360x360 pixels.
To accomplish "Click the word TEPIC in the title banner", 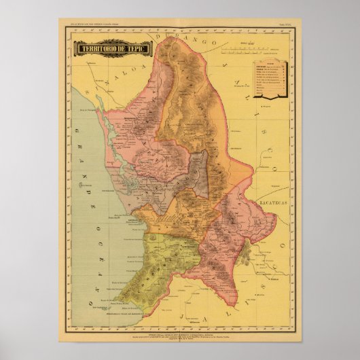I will (137, 50).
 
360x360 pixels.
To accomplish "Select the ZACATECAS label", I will (276, 202).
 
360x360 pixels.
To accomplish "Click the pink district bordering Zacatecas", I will (238, 224).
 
